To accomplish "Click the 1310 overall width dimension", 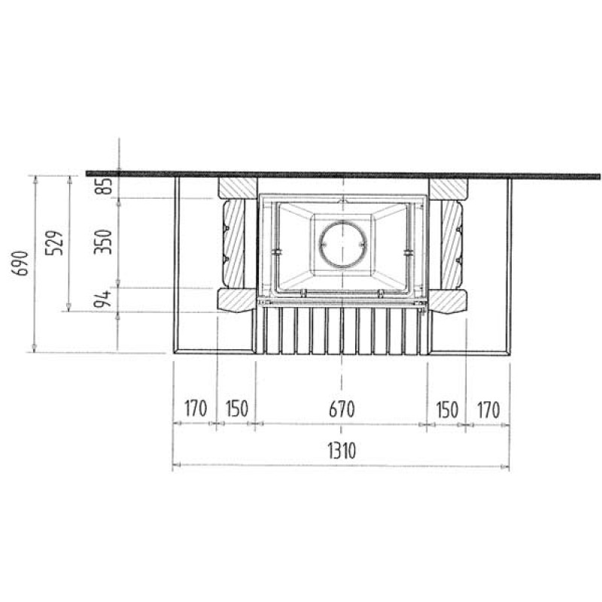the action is click(342, 451).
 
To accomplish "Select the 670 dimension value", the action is click(342, 409).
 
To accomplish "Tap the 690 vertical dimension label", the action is click(20, 263).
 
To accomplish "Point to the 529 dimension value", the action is click(54, 243).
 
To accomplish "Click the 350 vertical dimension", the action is click(103, 242).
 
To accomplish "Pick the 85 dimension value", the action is click(104, 186).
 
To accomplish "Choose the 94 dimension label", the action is click(102, 299).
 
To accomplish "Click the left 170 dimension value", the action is click(196, 409).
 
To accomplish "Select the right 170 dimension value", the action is click(488, 409).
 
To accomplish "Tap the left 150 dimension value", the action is click(237, 409).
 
